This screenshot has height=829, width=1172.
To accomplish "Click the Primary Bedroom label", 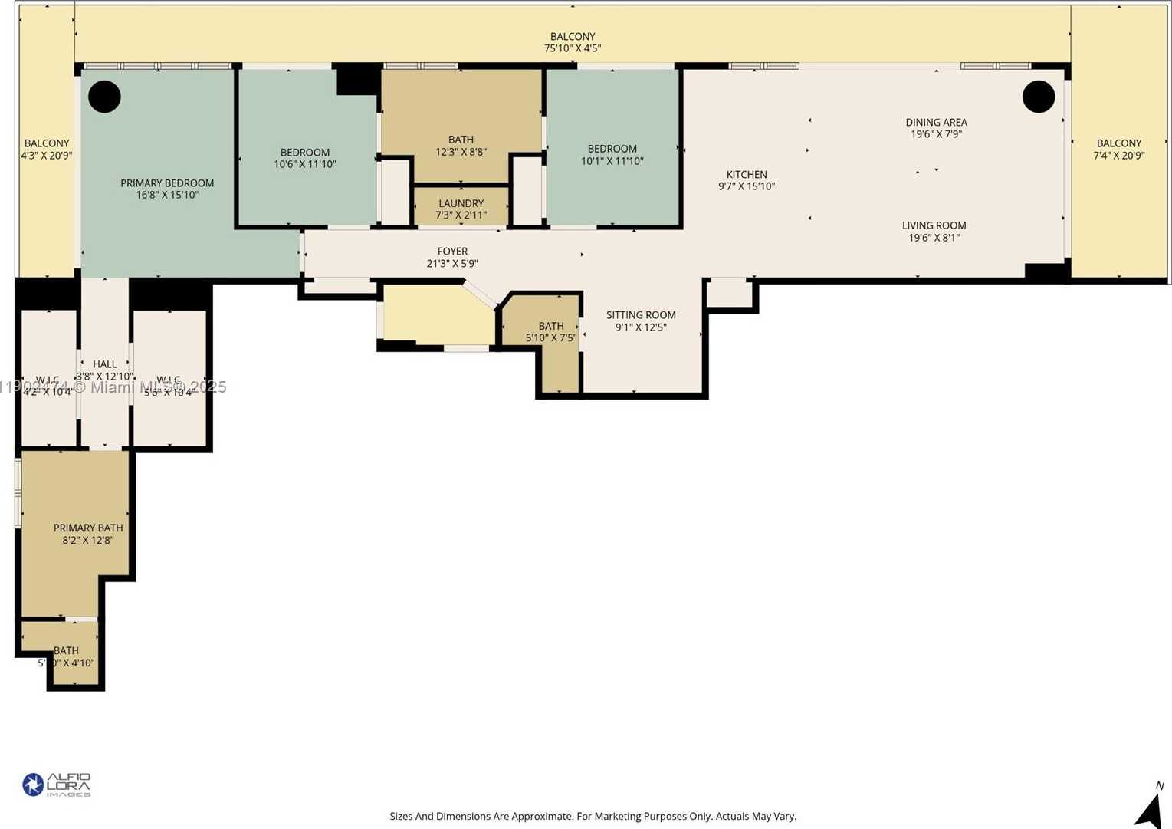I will click(167, 183).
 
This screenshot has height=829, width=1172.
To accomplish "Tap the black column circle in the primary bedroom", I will click(104, 97).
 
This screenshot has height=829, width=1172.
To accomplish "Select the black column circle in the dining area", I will click(1039, 97).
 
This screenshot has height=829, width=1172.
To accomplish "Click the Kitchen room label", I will click(747, 174).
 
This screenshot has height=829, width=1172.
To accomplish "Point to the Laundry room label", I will click(461, 203).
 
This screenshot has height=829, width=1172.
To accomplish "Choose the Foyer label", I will click(452, 251).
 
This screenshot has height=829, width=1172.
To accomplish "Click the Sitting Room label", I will click(641, 314).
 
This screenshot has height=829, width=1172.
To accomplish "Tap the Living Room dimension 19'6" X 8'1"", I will click(934, 238).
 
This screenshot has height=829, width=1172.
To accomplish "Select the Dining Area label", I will click(936, 122).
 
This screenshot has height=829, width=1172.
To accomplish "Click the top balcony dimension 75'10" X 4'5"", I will click(573, 48).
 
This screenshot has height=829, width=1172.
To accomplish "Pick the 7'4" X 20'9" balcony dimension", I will click(1118, 156).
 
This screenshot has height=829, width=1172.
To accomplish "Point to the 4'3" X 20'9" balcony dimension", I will click(47, 156).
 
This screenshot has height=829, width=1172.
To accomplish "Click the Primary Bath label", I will click(88, 528).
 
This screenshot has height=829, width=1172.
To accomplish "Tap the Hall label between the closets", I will click(105, 364).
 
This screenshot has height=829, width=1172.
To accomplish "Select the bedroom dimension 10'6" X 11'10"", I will click(305, 164).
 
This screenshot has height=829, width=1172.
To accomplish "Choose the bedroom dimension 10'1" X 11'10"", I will click(612, 161).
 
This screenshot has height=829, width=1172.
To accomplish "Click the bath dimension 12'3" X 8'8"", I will click(461, 152).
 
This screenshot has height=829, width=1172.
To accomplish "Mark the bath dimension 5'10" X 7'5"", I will click(550, 337).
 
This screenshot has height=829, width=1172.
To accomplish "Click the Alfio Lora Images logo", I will click(57, 785).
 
